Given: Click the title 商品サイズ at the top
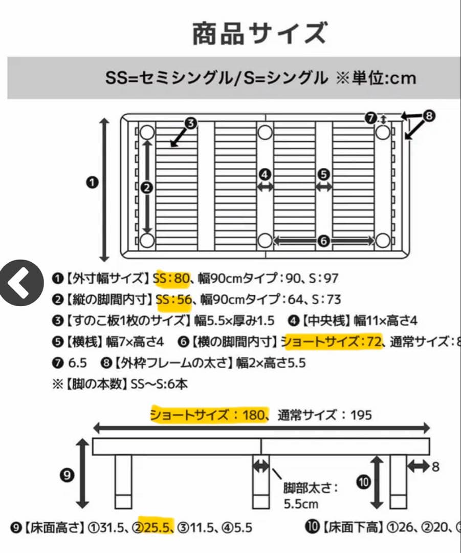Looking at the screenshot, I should [259, 34].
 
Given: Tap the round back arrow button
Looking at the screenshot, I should [21, 283].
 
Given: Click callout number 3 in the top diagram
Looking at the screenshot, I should [191, 123].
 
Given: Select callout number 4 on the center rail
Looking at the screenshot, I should [265, 174].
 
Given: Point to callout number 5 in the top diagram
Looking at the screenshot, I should [323, 174].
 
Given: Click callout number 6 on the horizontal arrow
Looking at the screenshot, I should [323, 241].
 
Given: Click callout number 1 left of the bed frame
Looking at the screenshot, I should [93, 182].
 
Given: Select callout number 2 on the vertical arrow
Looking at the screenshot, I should [147, 188].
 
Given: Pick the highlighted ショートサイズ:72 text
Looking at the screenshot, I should [332, 341].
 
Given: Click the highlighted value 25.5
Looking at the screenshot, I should [159, 527].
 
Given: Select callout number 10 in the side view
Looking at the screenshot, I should [363, 482].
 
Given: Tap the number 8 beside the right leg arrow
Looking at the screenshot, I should [435, 466].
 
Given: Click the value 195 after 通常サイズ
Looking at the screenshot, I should [361, 414].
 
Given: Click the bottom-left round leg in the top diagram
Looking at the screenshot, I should [147, 241].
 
